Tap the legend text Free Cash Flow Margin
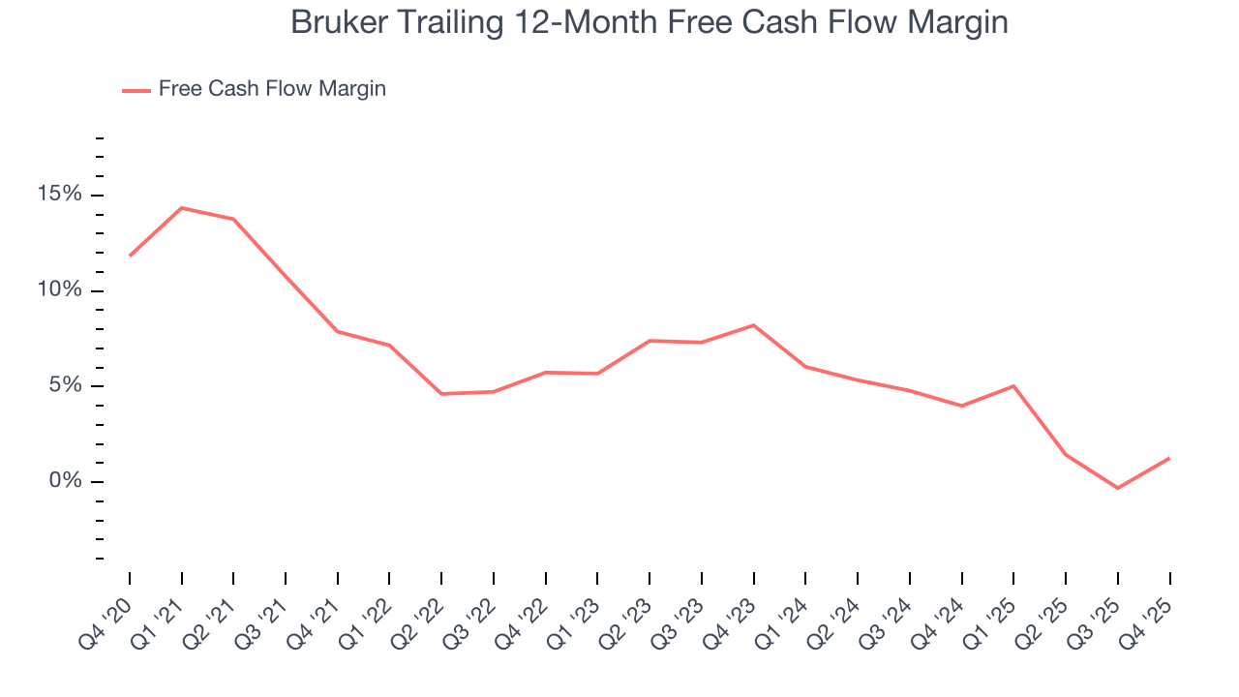272,89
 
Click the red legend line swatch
136,90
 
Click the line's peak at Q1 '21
182,208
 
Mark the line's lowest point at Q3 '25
1118,488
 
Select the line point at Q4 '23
754,325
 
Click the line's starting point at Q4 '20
130,256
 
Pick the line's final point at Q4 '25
1169,458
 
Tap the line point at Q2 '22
441,394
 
